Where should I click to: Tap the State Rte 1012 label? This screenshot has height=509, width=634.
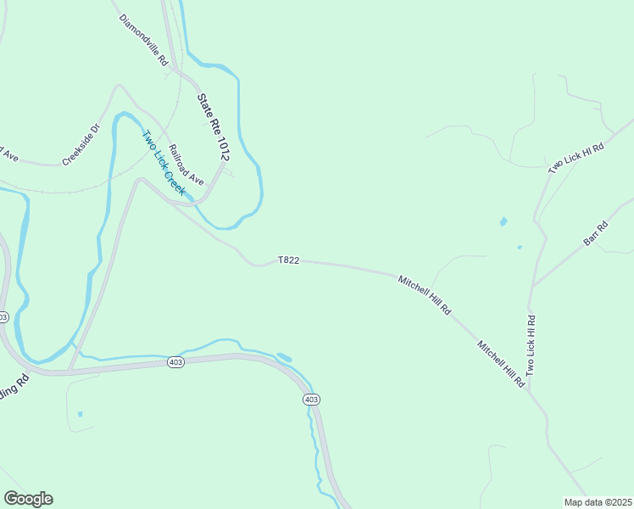[214, 127]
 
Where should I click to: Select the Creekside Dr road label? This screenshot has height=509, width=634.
[81, 145]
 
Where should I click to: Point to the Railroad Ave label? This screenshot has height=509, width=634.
[186, 165]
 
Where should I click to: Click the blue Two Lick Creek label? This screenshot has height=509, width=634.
[163, 162]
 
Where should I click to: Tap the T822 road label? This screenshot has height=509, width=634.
[288, 260]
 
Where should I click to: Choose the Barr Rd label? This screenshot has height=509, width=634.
[597, 234]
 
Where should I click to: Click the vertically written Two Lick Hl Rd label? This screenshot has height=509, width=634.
[531, 345]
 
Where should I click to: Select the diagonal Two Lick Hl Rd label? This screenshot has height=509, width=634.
[576, 159]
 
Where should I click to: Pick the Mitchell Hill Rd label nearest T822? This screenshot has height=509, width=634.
[425, 294]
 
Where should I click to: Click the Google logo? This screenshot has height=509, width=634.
[28, 499]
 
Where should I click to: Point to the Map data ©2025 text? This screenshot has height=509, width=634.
[598, 501]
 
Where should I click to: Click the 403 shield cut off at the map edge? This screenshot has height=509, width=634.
[3, 316]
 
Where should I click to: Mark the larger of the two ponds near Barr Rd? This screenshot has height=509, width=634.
[503, 222]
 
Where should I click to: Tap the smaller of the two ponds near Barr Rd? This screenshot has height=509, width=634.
[520, 248]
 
